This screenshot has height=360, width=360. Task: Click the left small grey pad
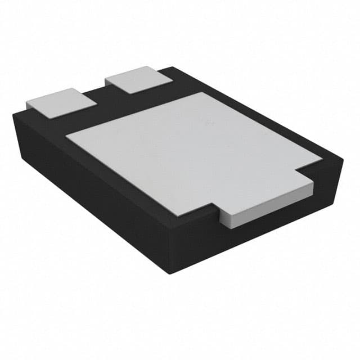click(61, 102)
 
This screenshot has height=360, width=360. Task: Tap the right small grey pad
click(138, 79)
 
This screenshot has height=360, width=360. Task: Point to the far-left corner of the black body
click(13, 114)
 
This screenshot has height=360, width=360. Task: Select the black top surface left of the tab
click(191, 217)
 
